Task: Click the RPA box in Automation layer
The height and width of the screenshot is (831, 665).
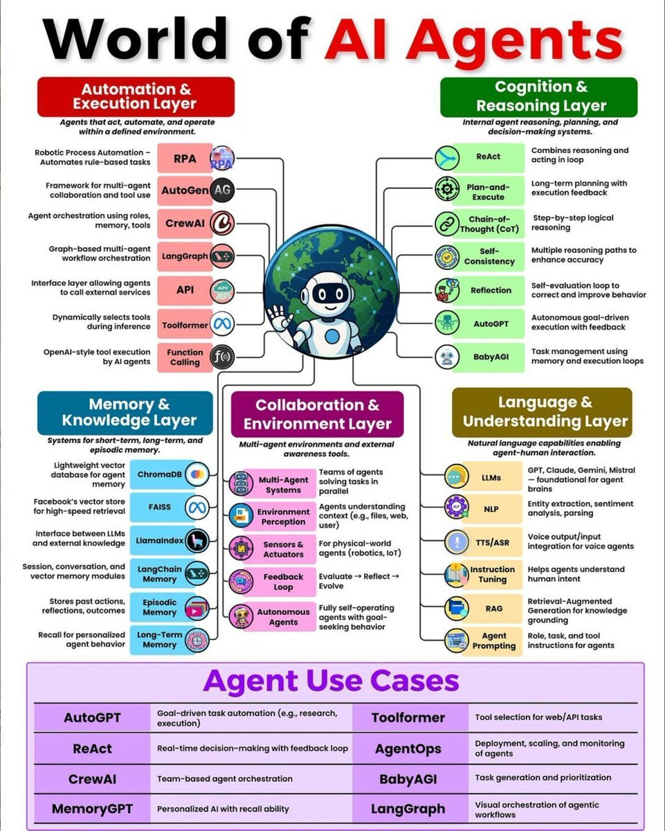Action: [x=185, y=158]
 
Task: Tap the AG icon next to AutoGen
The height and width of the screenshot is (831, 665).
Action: [x=222, y=190]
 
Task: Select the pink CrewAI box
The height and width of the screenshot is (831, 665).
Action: [x=185, y=223]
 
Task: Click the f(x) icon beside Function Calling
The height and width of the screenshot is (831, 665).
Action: [x=222, y=357]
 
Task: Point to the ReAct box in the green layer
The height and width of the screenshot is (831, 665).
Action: [x=489, y=157]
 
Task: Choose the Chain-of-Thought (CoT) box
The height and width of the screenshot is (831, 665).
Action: [x=489, y=224]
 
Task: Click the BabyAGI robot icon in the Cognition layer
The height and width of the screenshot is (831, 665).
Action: [x=447, y=357]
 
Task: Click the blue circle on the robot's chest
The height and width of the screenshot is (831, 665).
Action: [x=332, y=337]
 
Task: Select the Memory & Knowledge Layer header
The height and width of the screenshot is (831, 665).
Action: [x=125, y=413]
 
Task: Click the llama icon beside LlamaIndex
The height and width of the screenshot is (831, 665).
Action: [x=197, y=541]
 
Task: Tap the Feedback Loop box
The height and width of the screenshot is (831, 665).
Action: [x=283, y=582]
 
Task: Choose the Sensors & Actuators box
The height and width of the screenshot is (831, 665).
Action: [x=283, y=548]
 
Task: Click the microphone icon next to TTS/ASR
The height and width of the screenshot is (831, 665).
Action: [x=457, y=542]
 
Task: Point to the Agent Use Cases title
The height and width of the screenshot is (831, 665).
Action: [x=331, y=681]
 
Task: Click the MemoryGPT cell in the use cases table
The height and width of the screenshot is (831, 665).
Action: [x=92, y=809]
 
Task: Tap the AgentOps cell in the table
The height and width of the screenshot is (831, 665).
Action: [x=408, y=749]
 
